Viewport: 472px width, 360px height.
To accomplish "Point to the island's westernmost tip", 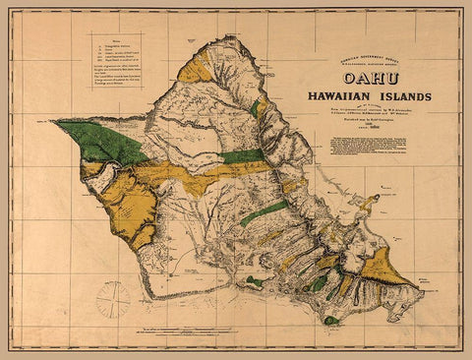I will tap(55, 121).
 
